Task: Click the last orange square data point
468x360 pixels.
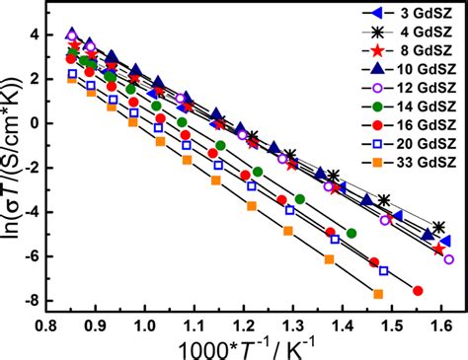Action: point(378,294)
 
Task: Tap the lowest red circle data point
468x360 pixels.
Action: point(418,290)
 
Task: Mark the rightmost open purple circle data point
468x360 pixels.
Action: point(448,259)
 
